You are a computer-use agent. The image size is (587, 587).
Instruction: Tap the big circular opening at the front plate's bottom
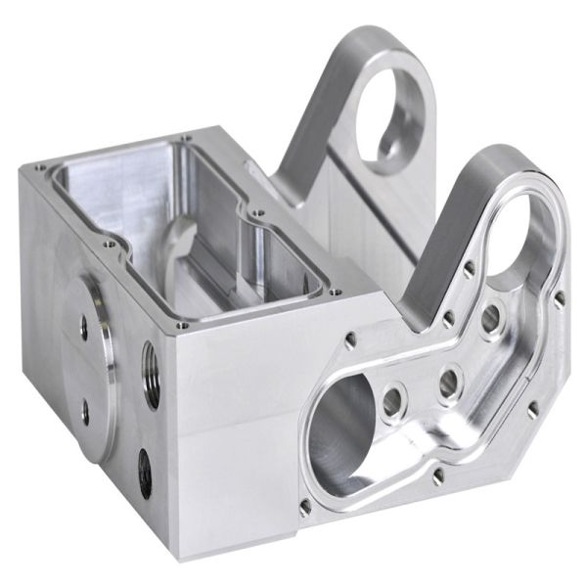pyautogui.click(x=339, y=431)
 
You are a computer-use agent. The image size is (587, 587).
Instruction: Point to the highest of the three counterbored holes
pyautogui.click(x=490, y=316)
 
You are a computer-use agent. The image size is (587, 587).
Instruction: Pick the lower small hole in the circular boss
pyautogui.click(x=85, y=411)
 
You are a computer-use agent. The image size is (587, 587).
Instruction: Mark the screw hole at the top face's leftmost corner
pyautogui.click(x=39, y=168)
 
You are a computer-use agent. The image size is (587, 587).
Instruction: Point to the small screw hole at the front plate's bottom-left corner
pyautogui.click(x=305, y=508)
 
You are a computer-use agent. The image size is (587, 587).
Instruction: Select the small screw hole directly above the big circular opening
pyautogui.click(x=350, y=339)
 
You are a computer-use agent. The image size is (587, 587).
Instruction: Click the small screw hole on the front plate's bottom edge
pyautogui.click(x=438, y=476)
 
